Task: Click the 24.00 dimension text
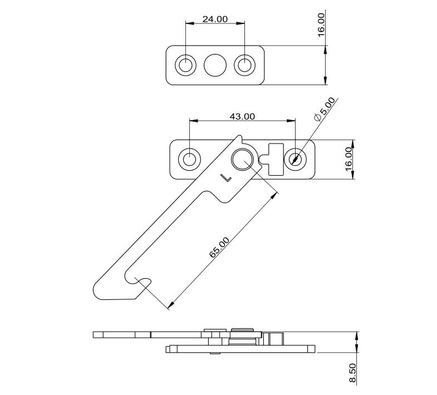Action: point(215,19)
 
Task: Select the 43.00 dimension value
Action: point(243,116)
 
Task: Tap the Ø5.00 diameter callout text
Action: point(325,109)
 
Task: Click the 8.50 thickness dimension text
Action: point(352,373)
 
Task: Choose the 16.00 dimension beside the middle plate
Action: point(348,159)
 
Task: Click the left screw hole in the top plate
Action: point(185,65)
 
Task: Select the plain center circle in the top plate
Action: point(215,65)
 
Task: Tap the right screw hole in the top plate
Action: point(244,65)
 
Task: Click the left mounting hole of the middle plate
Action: point(189,159)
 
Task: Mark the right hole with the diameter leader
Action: point(294,159)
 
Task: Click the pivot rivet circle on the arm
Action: point(242,159)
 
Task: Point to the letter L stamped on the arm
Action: point(225,178)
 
